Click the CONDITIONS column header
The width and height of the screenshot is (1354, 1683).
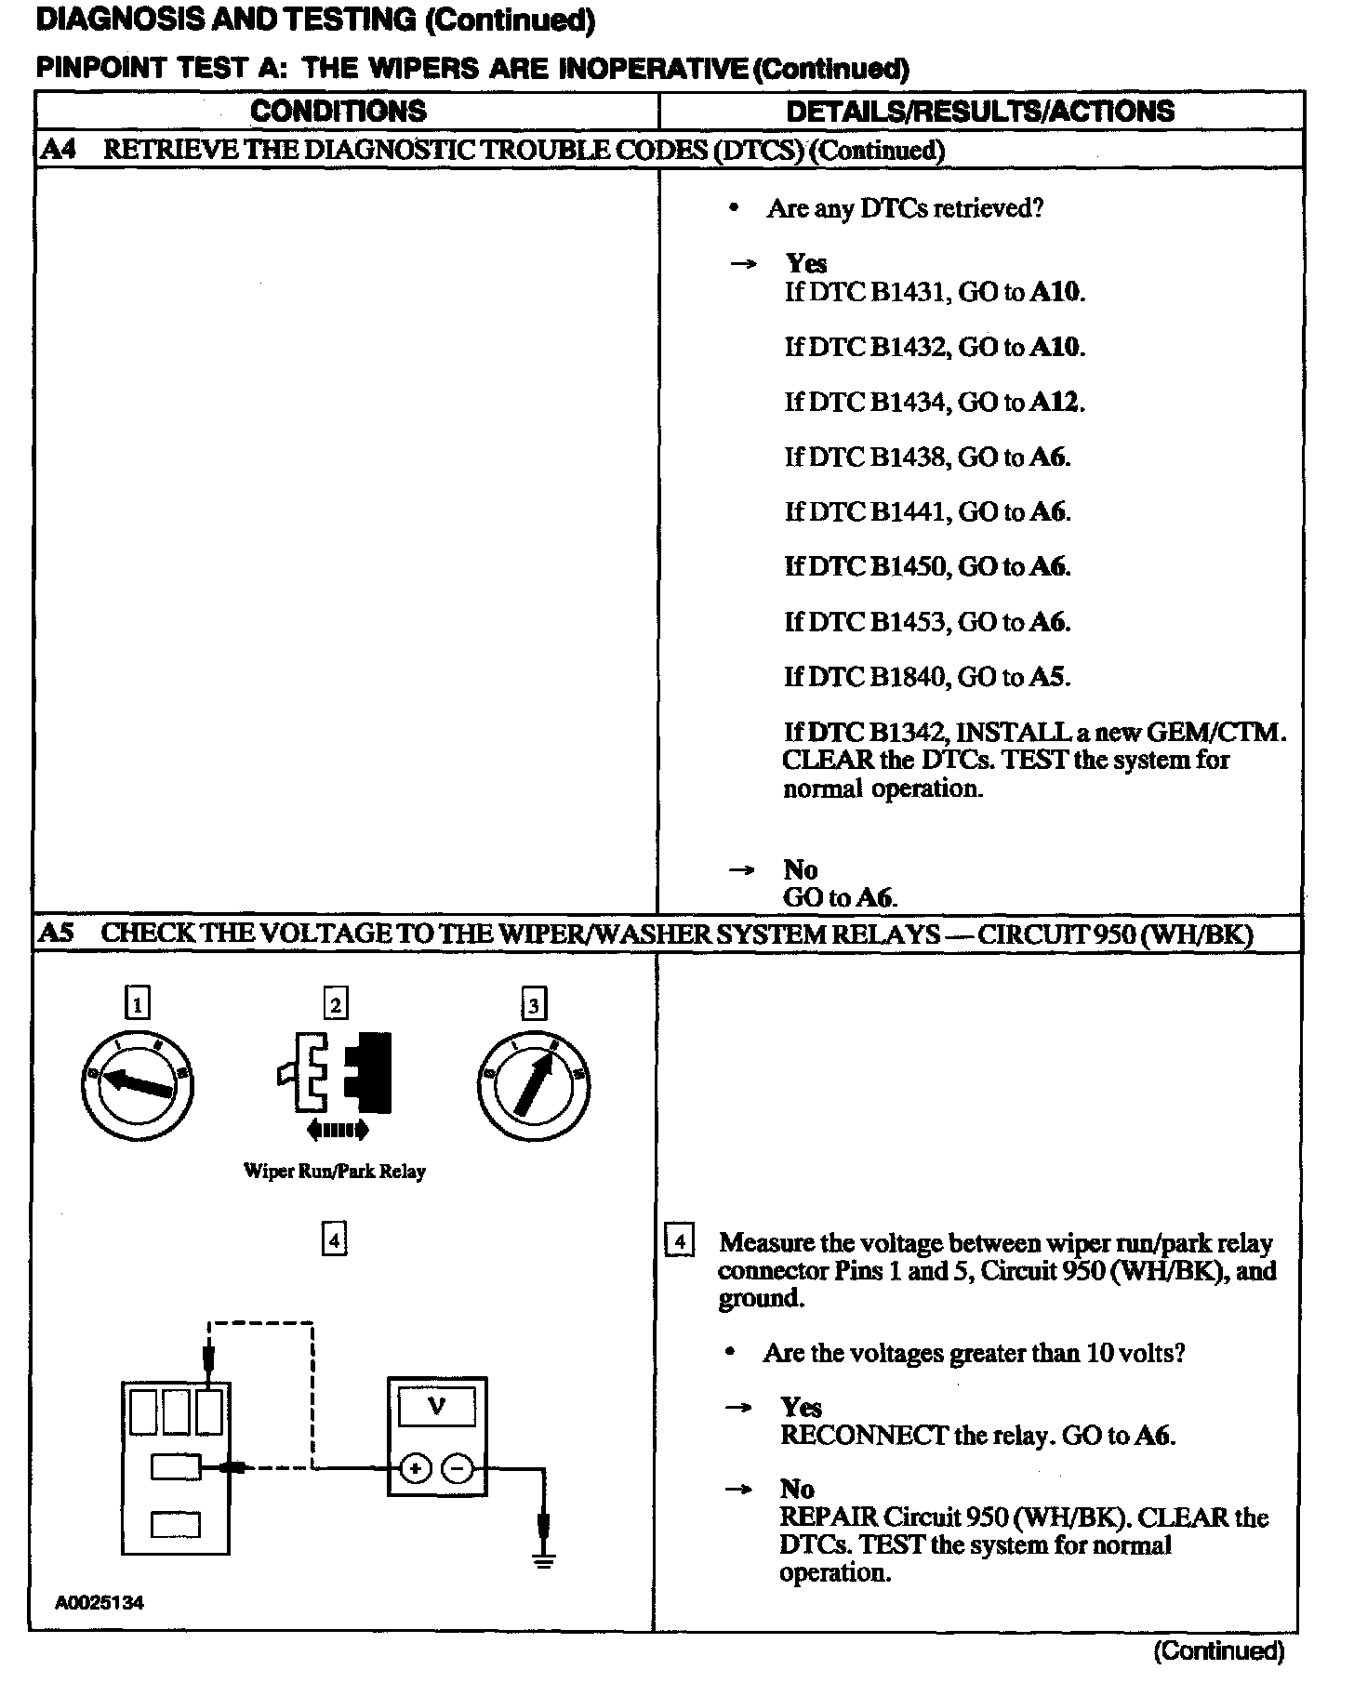338,112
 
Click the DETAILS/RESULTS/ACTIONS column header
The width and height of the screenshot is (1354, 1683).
980,112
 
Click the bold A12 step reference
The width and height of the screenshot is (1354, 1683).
1055,402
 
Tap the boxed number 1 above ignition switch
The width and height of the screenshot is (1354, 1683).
138,1004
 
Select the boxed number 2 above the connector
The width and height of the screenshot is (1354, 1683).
335,1004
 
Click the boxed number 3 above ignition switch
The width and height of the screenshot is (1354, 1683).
533,1004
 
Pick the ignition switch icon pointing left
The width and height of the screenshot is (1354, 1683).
138,1084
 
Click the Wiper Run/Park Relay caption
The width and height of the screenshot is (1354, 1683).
335,1171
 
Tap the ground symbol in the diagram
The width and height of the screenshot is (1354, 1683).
544,1561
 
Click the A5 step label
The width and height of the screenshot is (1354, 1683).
57,934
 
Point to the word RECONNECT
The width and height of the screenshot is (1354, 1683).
864,1436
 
